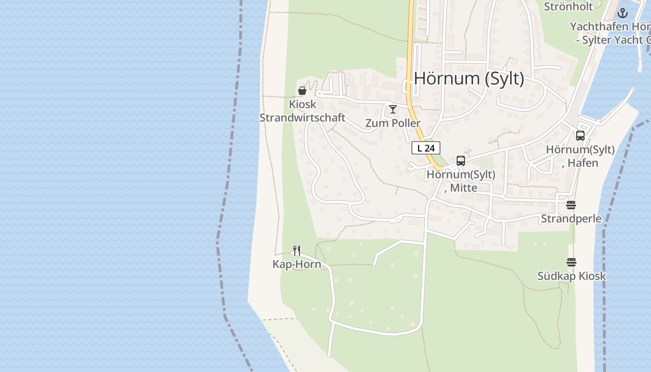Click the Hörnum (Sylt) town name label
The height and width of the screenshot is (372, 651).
pyautogui.click(x=469, y=79)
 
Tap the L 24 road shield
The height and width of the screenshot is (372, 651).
pyautogui.click(x=425, y=148)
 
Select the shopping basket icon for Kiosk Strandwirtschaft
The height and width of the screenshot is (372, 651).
pyautogui.click(x=302, y=91)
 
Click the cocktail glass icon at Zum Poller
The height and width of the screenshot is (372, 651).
pyautogui.click(x=393, y=109)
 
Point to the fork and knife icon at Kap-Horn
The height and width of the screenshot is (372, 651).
pyautogui.click(x=297, y=251)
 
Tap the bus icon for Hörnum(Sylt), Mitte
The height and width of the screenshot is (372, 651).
pyautogui.click(x=461, y=161)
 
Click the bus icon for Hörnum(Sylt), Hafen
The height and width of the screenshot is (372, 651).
pyautogui.click(x=580, y=136)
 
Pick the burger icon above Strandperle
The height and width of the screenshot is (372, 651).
pyautogui.click(x=571, y=205)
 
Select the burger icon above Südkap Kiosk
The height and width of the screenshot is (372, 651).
pyautogui.click(x=571, y=262)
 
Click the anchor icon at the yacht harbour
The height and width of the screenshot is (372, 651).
pyautogui.click(x=623, y=13)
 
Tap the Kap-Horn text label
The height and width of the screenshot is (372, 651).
pyautogui.click(x=297, y=265)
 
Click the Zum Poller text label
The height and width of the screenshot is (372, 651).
pyautogui.click(x=393, y=123)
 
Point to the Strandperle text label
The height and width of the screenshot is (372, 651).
pyautogui.click(x=571, y=219)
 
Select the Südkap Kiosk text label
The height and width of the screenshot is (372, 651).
pyautogui.click(x=571, y=276)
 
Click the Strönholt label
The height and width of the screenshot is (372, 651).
pyautogui.click(x=568, y=7)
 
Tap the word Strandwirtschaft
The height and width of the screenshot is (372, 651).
pyautogui.click(x=302, y=118)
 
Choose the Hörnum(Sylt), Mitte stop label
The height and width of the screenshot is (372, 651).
pyautogui.click(x=461, y=181)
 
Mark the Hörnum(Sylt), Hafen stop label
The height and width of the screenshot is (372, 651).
pyautogui.click(x=580, y=156)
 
